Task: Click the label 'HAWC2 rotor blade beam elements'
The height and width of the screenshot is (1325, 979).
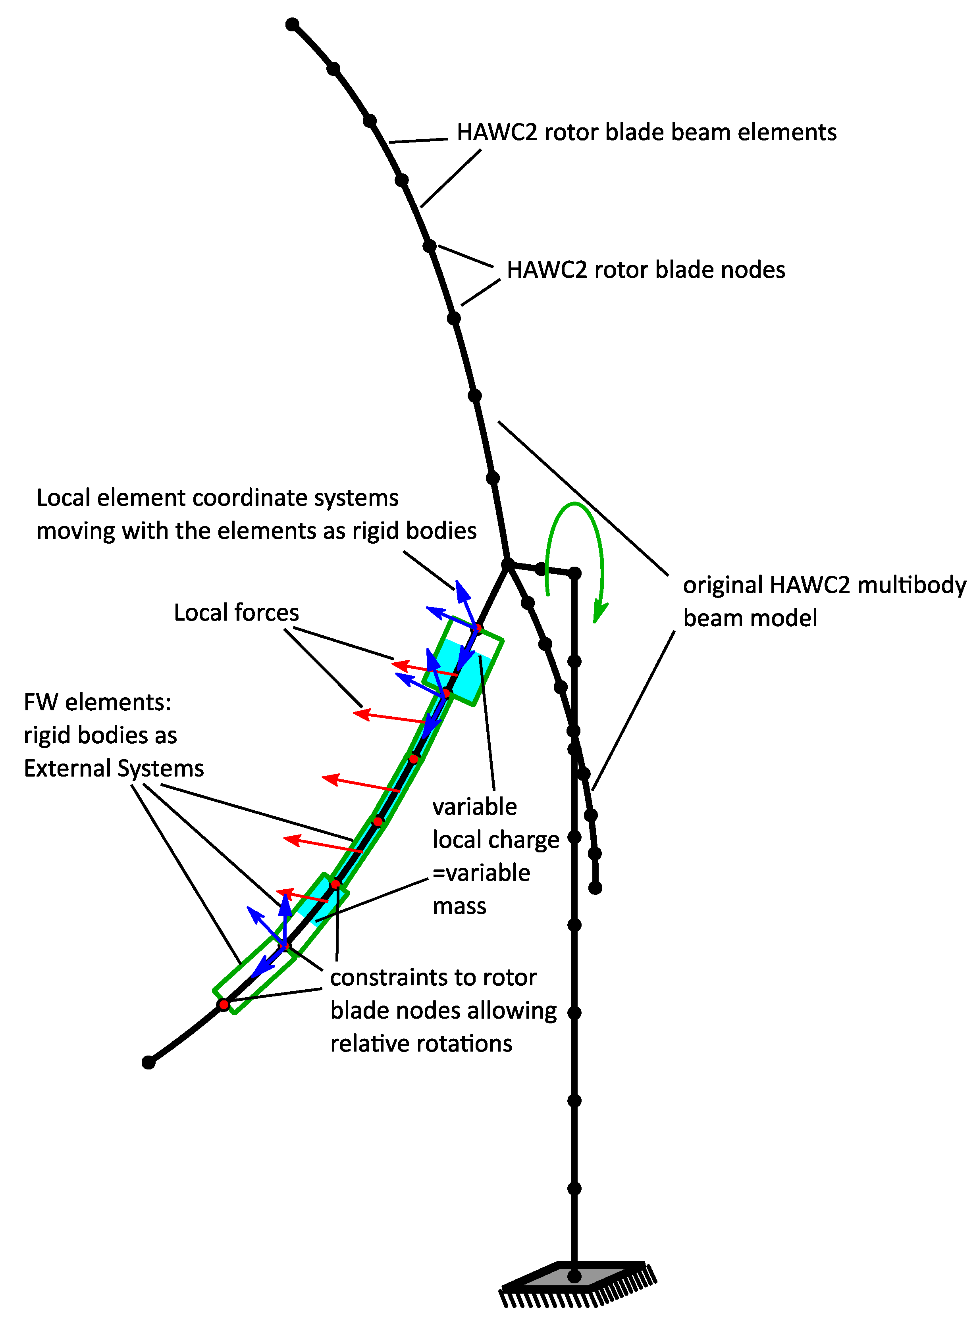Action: tap(646, 132)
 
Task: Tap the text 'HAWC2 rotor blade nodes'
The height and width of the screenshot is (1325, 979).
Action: tap(646, 270)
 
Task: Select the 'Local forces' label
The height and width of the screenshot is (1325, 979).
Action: tap(236, 612)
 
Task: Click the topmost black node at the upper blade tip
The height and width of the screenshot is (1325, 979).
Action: tap(292, 24)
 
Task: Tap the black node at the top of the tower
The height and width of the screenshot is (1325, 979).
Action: tap(574, 573)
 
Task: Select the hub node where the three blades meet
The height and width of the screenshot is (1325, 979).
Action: tap(507, 564)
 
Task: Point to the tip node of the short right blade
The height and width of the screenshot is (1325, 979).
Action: tap(595, 888)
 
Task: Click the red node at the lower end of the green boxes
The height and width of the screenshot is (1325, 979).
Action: tap(224, 1004)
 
